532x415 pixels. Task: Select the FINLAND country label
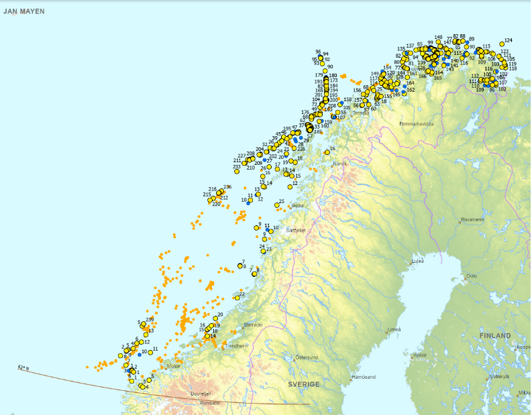tap(495, 335)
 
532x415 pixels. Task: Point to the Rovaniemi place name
tap(472, 219)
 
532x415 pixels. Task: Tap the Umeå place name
tap(394, 330)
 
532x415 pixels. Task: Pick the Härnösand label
tap(363, 377)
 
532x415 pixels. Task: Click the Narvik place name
tap(338, 163)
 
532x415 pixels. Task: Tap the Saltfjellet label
tap(296, 230)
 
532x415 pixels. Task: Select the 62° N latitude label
tap(24, 367)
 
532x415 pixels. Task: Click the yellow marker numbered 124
tap(502, 44)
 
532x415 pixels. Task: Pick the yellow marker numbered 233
tap(237, 172)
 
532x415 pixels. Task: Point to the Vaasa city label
tap(419, 355)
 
